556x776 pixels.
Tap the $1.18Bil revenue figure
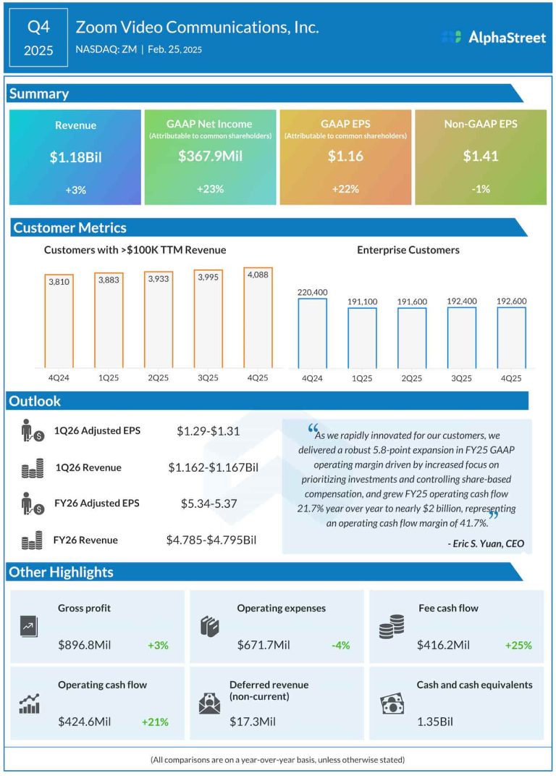75,156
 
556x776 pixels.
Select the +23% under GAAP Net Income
210,189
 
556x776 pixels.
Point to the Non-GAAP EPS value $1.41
481,156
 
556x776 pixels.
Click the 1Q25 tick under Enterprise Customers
361,378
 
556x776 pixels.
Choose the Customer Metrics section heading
69,228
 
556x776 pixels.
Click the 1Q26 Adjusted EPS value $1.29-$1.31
208,431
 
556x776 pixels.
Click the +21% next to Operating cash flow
156,722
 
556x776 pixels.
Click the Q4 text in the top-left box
39,28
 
